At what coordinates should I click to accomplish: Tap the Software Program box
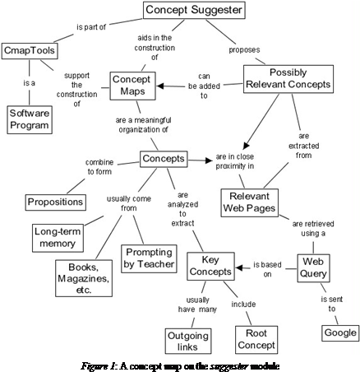coord(30,119)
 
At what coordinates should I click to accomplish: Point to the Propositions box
coord(54,202)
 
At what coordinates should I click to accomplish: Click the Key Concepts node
coord(210,266)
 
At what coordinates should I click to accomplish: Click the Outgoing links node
coord(188,339)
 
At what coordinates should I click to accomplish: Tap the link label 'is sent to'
coord(329,303)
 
